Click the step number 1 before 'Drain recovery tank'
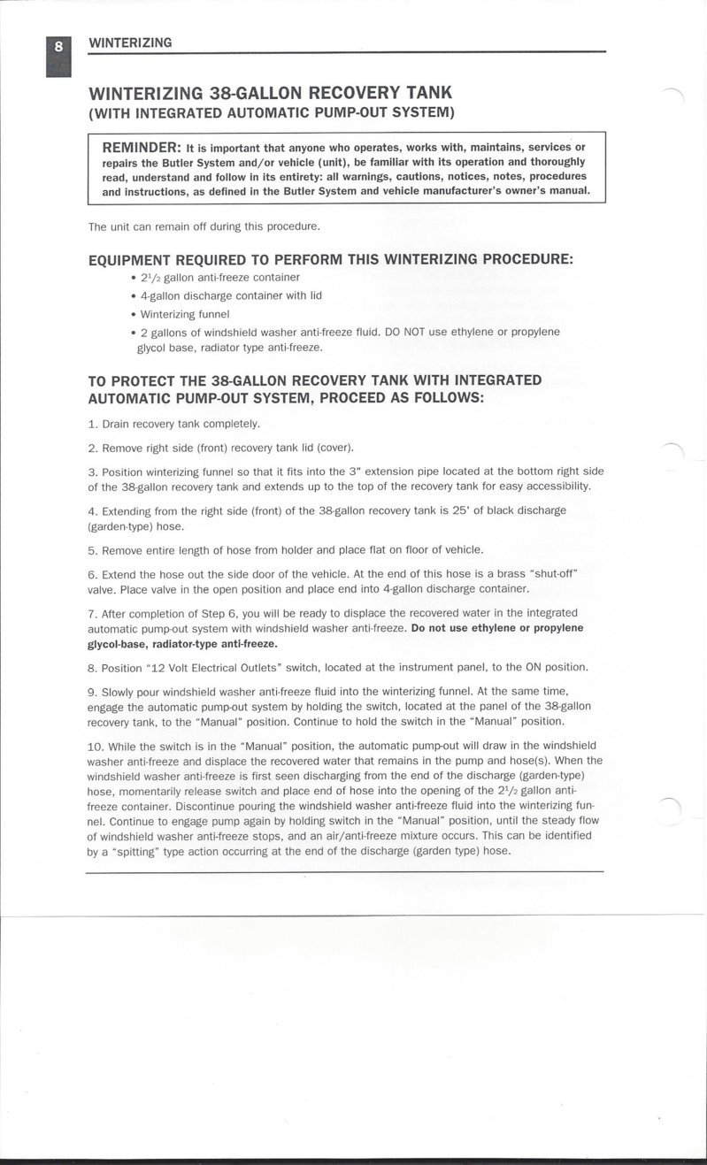[92, 424]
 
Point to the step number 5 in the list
[92, 549]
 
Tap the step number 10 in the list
[96, 745]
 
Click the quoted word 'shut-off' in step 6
[550, 573]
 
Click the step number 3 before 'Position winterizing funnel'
[92, 471]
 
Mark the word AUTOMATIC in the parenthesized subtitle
[260, 112]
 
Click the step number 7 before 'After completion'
[92, 612]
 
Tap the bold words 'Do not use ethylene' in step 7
[465, 628]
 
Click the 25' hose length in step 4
[461, 510]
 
